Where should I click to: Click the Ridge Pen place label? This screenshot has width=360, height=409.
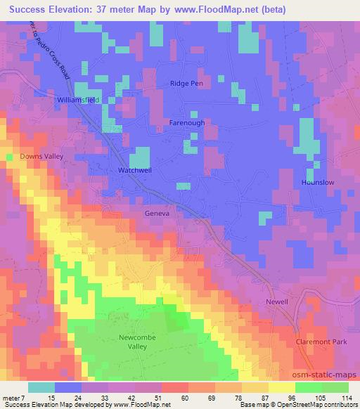(186, 83)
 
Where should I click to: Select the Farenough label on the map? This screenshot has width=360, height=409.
(187, 122)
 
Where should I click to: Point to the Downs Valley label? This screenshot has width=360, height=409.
(41, 155)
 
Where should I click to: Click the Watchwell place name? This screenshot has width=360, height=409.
(134, 170)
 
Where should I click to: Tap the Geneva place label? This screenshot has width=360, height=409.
(157, 214)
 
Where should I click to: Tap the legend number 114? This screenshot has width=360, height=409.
(345, 398)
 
